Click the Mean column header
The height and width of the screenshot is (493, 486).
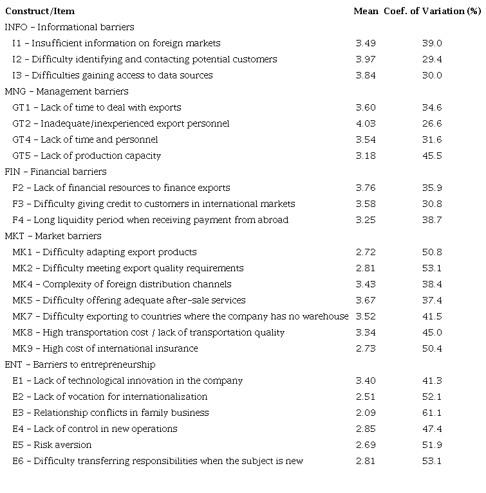coord(366,11)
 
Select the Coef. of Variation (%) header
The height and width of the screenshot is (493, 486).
coord(433,11)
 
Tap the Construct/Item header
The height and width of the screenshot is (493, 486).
coord(40,11)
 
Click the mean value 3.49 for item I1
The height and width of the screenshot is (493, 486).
coord(366,43)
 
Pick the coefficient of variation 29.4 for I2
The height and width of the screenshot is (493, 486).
coord(432,59)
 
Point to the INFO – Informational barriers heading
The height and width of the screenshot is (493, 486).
coord(70,27)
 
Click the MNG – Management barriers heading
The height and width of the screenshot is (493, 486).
coord(66,91)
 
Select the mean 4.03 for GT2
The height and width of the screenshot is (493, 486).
coord(366,123)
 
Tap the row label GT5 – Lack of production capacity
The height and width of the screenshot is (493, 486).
coord(87,156)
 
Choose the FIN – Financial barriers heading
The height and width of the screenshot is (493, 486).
coord(55,172)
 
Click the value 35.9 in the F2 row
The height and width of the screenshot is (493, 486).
coord(432,188)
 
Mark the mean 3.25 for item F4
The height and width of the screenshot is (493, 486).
coord(366,220)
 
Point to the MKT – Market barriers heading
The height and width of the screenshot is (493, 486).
coord(53,236)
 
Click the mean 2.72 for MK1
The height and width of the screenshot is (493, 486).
coord(366,252)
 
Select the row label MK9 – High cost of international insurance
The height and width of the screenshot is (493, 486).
coord(106,348)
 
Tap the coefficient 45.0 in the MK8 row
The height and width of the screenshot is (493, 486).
coord(432,332)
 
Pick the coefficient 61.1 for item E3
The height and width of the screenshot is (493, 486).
coord(432,413)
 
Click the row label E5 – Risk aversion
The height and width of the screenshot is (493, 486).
coord(52,445)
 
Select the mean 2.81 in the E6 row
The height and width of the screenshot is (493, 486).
coord(366,461)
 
